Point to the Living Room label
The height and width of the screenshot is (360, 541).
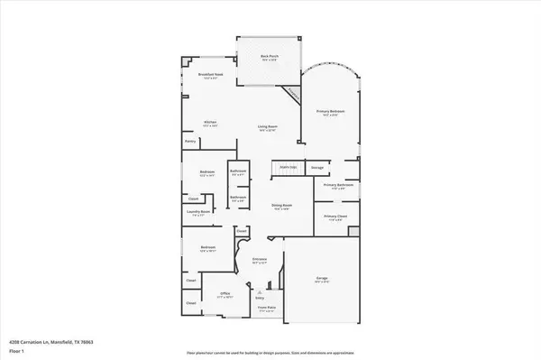(x=268, y=127)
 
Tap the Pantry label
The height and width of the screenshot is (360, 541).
(x=190, y=142)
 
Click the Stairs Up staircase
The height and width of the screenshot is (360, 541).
(x=288, y=168)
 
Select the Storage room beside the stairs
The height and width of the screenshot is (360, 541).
(x=316, y=168)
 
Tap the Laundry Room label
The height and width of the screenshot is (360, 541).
(x=197, y=213)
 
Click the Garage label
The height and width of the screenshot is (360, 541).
(x=322, y=279)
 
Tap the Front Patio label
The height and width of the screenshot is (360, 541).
(x=267, y=309)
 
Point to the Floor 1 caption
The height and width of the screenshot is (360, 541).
(x=15, y=350)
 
